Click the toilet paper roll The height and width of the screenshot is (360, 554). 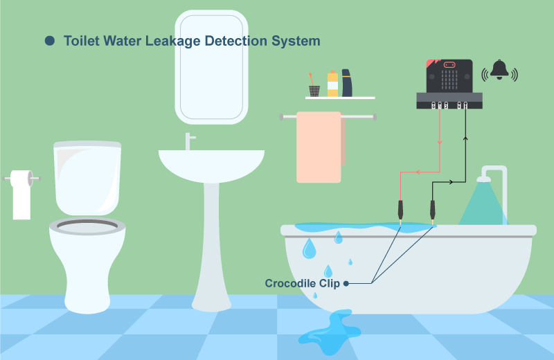(21, 194)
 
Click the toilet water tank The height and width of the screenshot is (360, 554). (87, 178)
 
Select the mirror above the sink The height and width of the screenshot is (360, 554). (211, 67)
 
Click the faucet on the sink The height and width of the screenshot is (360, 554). (189, 141)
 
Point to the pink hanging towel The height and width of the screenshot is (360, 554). (319, 147)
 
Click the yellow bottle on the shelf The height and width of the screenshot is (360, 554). (332, 84)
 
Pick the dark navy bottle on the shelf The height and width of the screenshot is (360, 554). (347, 83)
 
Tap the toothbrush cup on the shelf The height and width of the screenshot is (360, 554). (314, 91)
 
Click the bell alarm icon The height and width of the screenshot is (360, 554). (499, 71)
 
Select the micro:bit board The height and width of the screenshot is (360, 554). (449, 84)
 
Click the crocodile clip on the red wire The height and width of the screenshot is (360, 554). (400, 211)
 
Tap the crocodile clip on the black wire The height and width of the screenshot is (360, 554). (432, 211)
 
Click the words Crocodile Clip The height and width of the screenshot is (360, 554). (303, 283)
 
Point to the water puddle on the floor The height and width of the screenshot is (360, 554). (330, 332)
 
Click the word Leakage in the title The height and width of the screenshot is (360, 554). (173, 42)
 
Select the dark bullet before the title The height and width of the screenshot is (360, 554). (50, 41)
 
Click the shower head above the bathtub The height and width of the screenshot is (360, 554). (483, 179)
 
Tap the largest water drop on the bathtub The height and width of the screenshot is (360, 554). (309, 248)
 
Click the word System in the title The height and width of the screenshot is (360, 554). (296, 42)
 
